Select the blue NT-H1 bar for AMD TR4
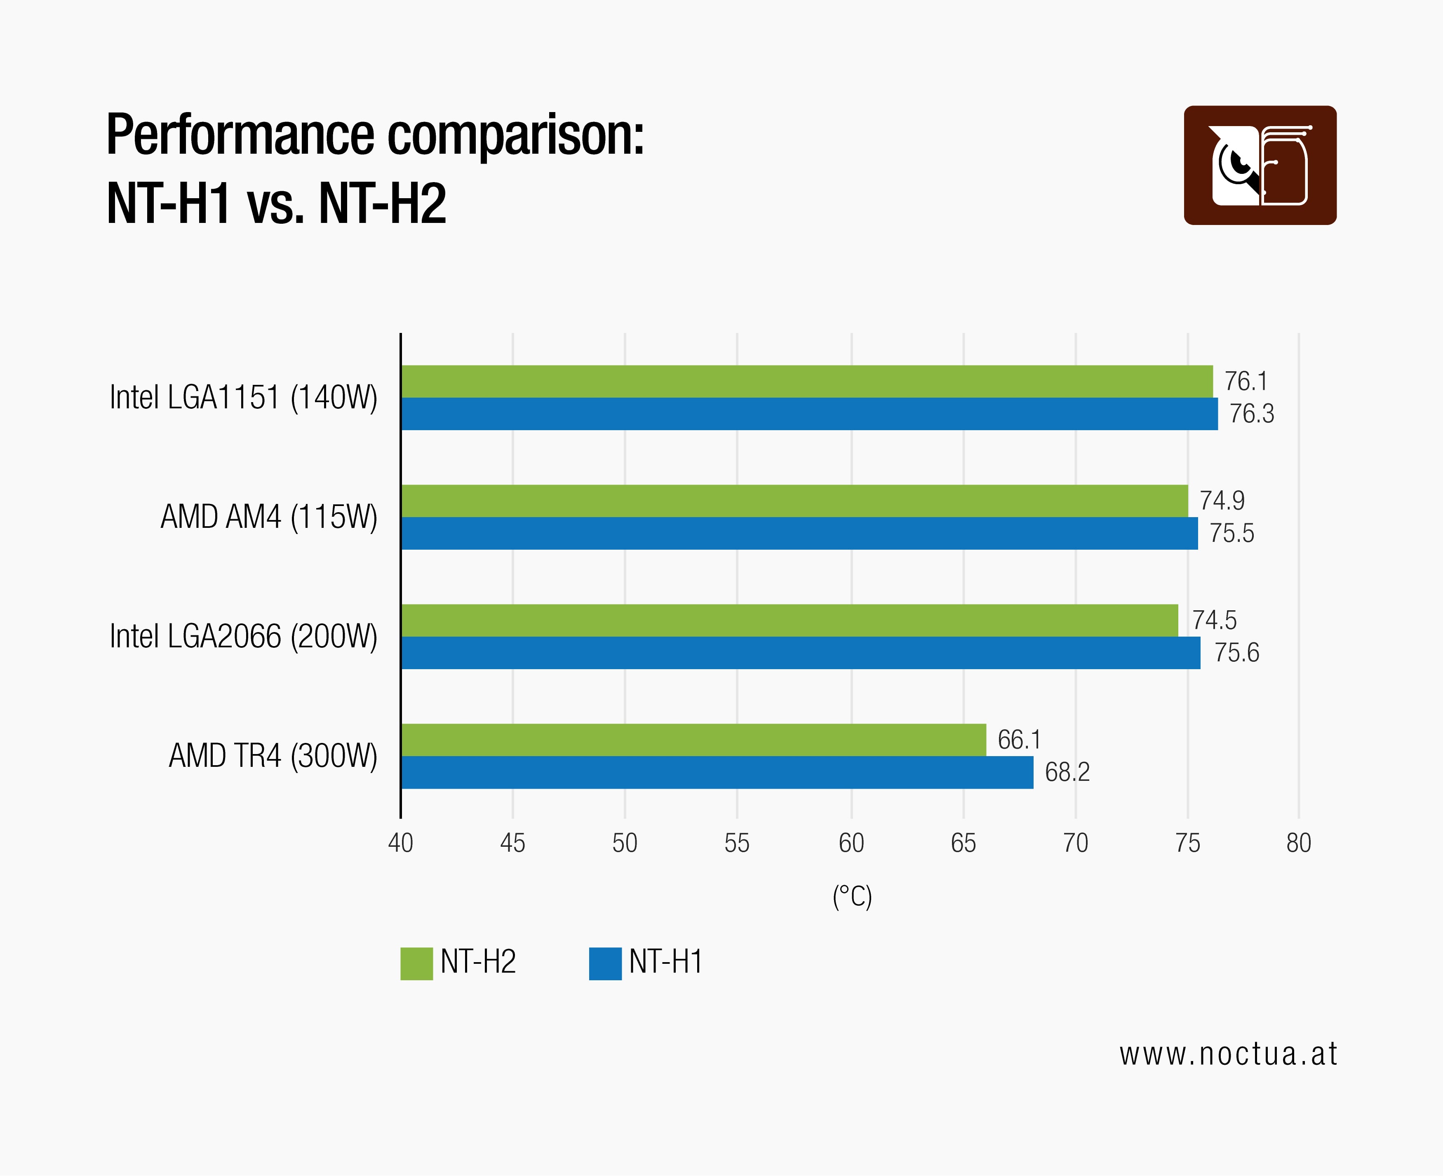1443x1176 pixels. (717, 772)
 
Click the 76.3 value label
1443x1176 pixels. (1251, 414)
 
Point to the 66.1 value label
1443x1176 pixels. (1019, 739)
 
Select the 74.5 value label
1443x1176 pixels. (1214, 620)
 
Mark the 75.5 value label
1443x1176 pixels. (1231, 533)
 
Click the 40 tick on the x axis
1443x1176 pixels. (401, 843)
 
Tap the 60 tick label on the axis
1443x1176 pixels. (851, 843)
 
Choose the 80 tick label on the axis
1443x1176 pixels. (1298, 843)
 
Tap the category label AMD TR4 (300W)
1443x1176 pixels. (273, 756)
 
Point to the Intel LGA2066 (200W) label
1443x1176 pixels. (243, 636)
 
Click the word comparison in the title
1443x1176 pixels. (515, 136)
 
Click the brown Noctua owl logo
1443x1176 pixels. (1259, 165)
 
